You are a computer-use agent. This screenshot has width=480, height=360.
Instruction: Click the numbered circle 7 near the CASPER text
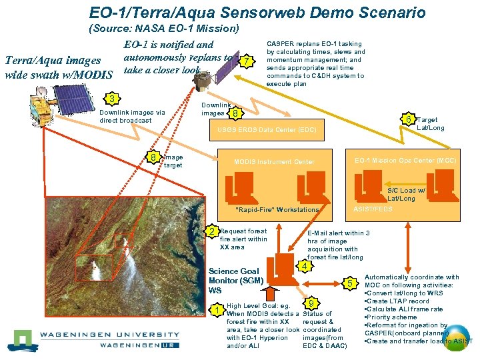pos(247,62)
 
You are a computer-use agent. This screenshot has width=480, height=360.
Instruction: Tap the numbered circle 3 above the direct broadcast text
pos(114,99)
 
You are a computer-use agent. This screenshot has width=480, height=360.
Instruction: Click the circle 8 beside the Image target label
pos(153,158)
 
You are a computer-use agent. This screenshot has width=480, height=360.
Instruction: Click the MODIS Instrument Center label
pos(274,162)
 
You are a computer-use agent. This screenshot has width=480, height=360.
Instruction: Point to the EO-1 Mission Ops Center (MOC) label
pos(405,161)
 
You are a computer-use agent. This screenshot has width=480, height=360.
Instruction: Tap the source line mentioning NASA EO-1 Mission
pos(163,29)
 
